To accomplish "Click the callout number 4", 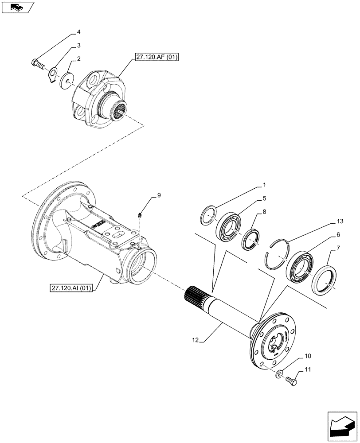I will (78, 32).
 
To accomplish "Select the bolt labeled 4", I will (38, 65).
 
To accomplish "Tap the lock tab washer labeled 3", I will (53, 73).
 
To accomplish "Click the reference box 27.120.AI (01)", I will (71, 288).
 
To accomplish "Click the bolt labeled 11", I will (292, 381).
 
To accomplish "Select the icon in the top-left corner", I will (17, 7).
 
